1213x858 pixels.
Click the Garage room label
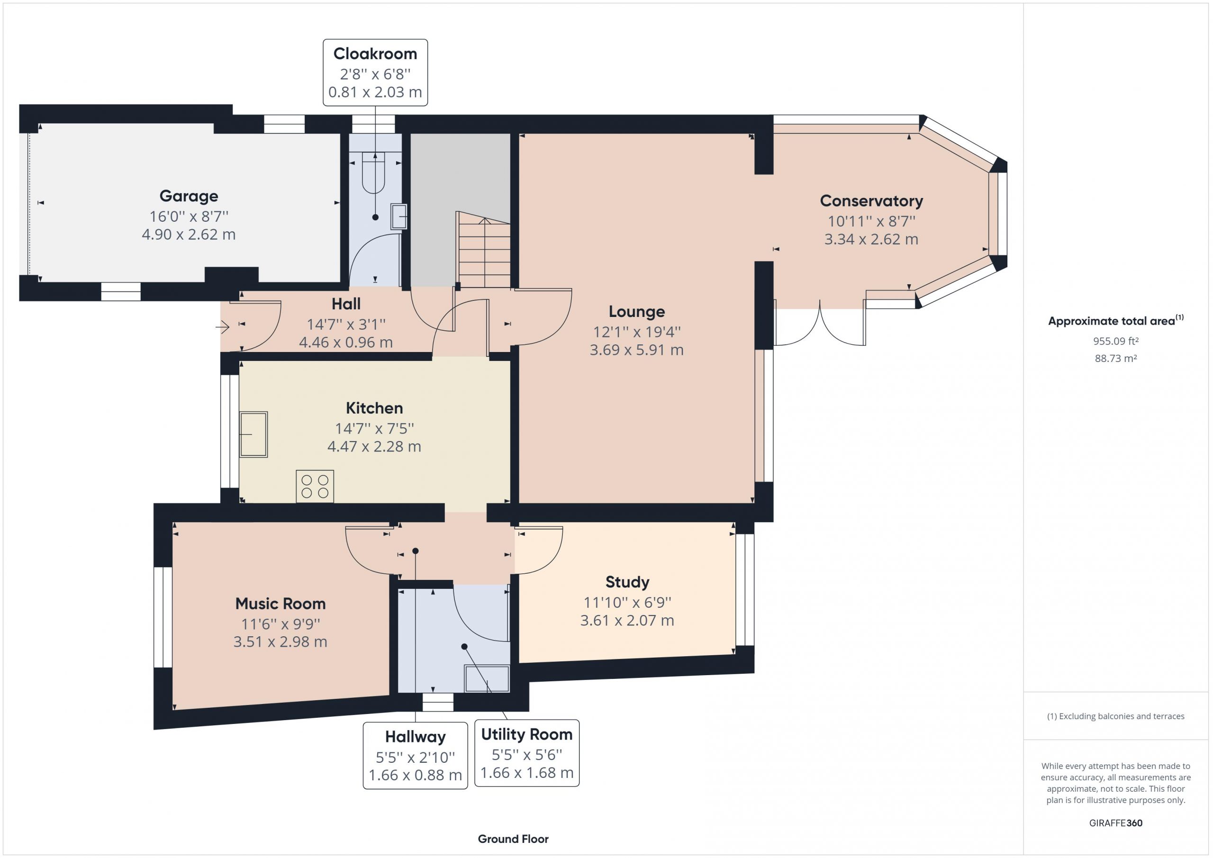pos(189,196)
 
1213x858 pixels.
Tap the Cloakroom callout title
pos(375,54)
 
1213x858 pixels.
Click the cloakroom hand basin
pos(399,216)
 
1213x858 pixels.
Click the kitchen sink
pos(253,434)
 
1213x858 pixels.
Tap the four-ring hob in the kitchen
pos(315,486)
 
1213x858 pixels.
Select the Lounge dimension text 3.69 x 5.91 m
pos(637,350)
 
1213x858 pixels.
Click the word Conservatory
pos(871,201)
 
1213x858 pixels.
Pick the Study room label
pos(627,582)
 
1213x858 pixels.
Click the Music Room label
pos(280,603)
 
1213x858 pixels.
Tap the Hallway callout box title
pos(415,737)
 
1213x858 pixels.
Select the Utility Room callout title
pos(527,734)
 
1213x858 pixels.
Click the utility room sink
pos(487,679)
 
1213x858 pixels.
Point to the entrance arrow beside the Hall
pos(222,327)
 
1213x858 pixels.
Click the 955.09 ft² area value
pos(1115,341)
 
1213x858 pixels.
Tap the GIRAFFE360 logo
pos(1115,822)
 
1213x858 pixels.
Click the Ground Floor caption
pos(513,839)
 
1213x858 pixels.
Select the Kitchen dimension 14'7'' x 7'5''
pos(374,428)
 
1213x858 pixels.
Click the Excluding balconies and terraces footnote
pos(1115,716)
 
